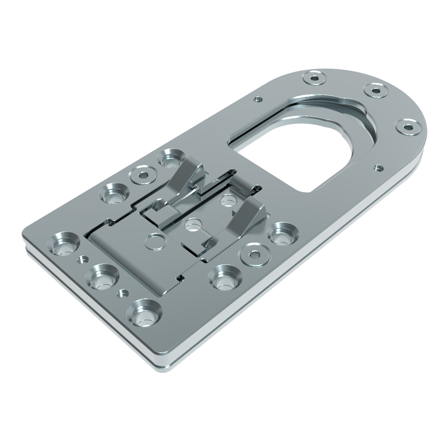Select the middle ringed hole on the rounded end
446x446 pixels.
(x=375, y=90)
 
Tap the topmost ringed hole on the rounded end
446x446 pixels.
(x=315, y=78)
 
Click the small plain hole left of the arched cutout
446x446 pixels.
(x=257, y=99)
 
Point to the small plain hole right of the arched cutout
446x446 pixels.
(x=379, y=168)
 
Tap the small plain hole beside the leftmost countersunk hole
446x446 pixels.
(x=82, y=259)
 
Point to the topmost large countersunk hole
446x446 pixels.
(x=171, y=158)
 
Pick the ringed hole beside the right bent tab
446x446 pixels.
(x=254, y=256)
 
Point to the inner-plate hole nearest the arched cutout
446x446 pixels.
(x=228, y=200)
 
